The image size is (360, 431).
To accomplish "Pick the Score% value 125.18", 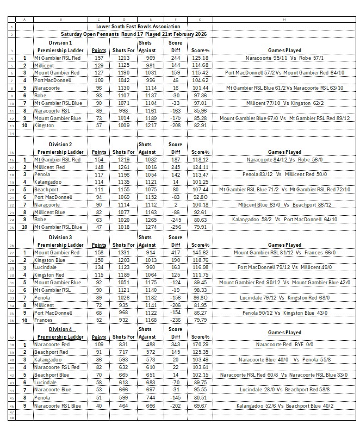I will pyautogui.click(x=201, y=57).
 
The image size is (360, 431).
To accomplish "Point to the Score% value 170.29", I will pyautogui.click(x=201, y=345).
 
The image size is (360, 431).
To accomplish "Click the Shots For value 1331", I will pyautogui.click(x=123, y=252).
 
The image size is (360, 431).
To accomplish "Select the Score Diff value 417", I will pyautogui.click(x=175, y=252).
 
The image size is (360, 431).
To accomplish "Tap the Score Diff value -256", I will pyautogui.click(x=175, y=227).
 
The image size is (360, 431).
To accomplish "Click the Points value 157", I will pyautogui.click(x=98, y=57).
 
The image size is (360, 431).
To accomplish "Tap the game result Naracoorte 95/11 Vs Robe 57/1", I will pyautogui.click(x=284, y=57).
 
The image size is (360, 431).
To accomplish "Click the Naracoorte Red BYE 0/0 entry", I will pyautogui.click(x=284, y=345).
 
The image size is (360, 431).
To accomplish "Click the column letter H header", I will pyautogui.click(x=284, y=19).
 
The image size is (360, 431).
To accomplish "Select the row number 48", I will pyautogui.click(x=11, y=417).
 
